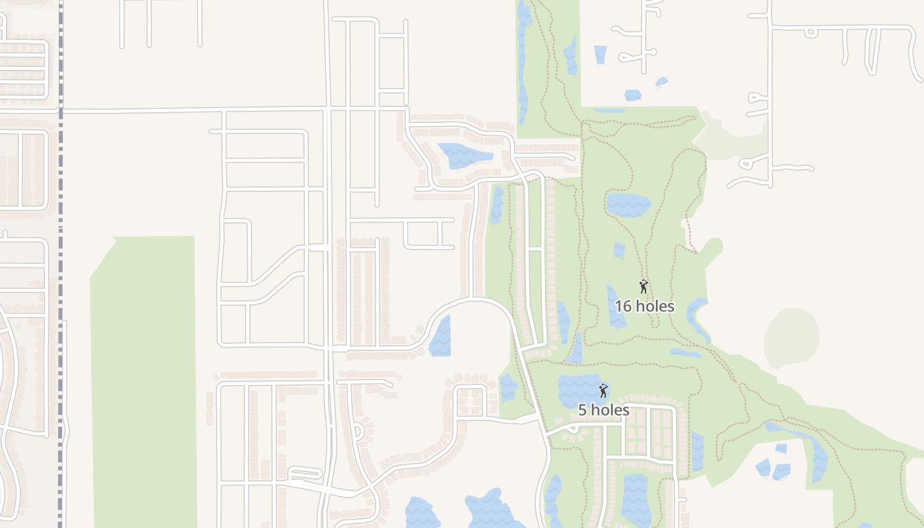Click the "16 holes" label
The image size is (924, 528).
(x=644, y=306)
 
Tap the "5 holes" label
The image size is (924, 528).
(x=603, y=410)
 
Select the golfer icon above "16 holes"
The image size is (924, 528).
(x=643, y=286)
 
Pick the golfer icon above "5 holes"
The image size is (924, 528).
(x=603, y=390)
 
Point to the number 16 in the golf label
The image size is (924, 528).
(x=622, y=306)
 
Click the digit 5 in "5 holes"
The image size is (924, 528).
(x=582, y=410)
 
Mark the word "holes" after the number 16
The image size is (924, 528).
(x=654, y=306)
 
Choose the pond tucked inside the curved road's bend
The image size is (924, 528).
(x=441, y=337)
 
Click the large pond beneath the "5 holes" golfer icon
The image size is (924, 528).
(x=577, y=389)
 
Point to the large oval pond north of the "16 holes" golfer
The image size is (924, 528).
(x=628, y=204)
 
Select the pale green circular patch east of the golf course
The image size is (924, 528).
(x=791, y=338)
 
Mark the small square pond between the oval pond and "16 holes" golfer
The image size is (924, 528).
(x=619, y=250)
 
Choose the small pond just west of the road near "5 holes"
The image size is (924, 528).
(x=508, y=387)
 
